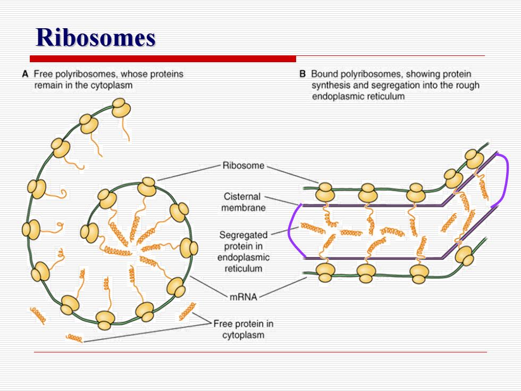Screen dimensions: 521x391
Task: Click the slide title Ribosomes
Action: point(96,37)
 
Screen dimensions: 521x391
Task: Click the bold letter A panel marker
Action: point(26,74)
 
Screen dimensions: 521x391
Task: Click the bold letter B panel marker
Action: point(302,74)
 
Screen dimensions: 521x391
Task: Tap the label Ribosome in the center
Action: point(243,165)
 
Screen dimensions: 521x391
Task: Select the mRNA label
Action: point(243,297)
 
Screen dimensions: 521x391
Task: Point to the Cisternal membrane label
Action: point(243,202)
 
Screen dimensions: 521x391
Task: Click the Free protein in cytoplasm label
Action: point(243,329)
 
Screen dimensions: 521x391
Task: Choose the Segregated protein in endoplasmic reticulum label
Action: point(243,252)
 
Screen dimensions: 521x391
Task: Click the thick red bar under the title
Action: point(163,59)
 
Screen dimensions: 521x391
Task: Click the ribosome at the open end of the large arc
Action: point(121,107)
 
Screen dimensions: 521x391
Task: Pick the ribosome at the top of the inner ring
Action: point(147,187)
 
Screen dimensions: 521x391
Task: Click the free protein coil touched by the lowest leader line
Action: point(74,338)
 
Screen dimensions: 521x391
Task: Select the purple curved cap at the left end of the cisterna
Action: point(295,230)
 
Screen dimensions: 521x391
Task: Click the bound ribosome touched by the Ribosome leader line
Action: point(325,192)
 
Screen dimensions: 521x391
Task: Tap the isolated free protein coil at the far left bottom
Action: point(38,315)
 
